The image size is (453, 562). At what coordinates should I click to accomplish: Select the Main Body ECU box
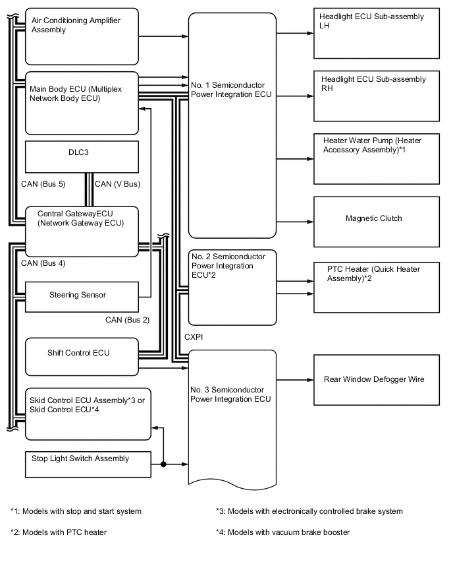pyautogui.click(x=82, y=102)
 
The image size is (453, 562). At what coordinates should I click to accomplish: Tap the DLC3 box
pyautogui.click(x=82, y=157)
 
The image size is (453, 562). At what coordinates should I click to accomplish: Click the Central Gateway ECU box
pyautogui.click(x=82, y=230)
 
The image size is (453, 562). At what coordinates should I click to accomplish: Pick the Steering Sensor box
pyautogui.click(x=82, y=296)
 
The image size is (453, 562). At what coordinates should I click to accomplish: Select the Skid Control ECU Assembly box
pyautogui.click(x=88, y=413)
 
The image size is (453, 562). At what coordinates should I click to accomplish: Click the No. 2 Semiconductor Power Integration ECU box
pyautogui.click(x=232, y=288)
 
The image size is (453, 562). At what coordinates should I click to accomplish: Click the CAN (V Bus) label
pyautogui.click(x=117, y=184)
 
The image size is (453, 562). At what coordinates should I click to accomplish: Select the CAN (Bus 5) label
pyautogui.click(x=43, y=184)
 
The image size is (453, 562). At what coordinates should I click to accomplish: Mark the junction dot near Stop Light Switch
pyautogui.click(x=162, y=464)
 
